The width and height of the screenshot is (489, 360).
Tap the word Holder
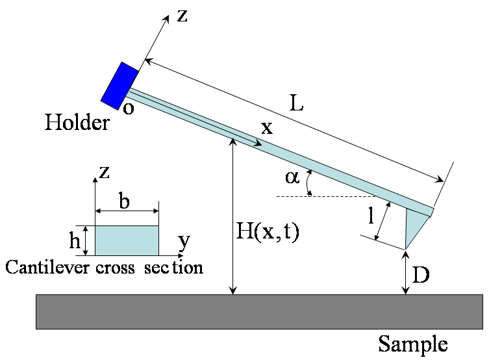tap(77, 123)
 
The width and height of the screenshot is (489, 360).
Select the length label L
tap(297, 104)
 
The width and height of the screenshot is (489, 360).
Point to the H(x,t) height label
tap(267, 232)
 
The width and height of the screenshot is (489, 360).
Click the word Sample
tap(413, 343)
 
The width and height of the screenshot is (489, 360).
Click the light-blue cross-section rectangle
tap(127, 240)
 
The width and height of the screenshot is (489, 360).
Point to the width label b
tap(124, 202)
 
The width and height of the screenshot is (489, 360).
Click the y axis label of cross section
tap(184, 242)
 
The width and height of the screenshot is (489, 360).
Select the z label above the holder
tap(182, 16)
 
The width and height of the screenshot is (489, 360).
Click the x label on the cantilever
tap(266, 128)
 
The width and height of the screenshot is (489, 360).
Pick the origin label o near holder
tap(129, 108)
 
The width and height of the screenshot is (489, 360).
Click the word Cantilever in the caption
tap(40, 267)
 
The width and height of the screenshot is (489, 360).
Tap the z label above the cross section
tap(104, 172)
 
